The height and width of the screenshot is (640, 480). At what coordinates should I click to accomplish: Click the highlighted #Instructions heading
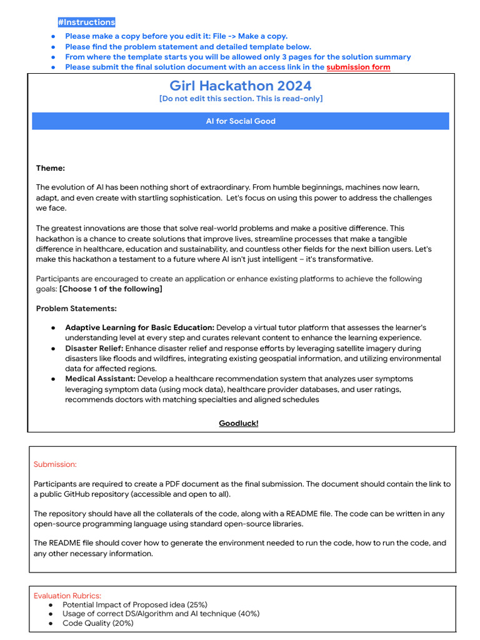[86, 22]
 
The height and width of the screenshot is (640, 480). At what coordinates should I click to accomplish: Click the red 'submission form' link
[358, 67]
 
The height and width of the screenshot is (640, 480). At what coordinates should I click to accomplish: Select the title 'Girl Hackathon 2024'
[241, 86]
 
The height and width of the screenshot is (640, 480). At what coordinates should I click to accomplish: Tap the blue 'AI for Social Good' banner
[241, 121]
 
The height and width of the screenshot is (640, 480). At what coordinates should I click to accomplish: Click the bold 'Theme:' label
[51, 167]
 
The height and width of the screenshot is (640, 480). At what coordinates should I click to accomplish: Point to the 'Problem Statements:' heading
[76, 309]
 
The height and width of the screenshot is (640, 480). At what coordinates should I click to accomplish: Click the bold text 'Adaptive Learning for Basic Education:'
[139, 327]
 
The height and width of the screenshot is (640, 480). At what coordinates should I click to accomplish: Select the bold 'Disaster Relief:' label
[94, 348]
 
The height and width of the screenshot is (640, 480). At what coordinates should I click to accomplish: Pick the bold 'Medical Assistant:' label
[100, 379]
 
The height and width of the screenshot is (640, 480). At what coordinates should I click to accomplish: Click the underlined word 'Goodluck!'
[238, 423]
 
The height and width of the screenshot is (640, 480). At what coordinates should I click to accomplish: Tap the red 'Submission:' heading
[55, 464]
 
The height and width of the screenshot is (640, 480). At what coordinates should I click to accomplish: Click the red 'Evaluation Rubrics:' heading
[67, 596]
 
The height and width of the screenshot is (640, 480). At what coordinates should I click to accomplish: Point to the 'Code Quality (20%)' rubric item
[97, 623]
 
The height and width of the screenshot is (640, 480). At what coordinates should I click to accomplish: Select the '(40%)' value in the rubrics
[247, 614]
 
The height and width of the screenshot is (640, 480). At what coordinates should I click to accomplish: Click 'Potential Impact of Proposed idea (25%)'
[135, 604]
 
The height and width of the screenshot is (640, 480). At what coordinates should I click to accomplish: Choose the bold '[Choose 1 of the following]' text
[111, 289]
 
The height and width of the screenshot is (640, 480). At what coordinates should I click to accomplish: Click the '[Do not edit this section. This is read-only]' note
[241, 99]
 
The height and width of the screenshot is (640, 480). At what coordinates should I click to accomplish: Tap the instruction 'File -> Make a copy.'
[250, 36]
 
